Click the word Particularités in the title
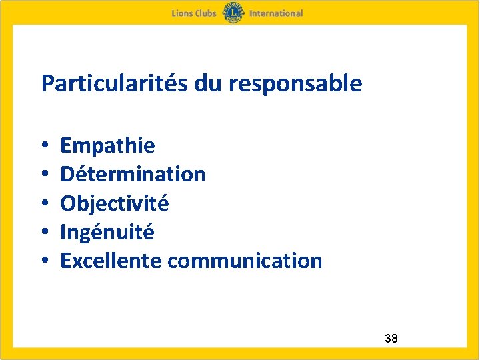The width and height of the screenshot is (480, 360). click(x=115, y=84)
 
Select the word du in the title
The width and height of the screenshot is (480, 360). click(x=207, y=84)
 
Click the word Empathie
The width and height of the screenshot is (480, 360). click(x=107, y=145)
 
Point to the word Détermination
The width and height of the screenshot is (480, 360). click(x=133, y=174)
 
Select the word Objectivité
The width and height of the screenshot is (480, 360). click(x=115, y=203)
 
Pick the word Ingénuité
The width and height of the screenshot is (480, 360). click(x=107, y=232)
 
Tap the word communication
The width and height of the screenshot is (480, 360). click(x=245, y=261)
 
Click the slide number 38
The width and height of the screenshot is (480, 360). click(x=391, y=339)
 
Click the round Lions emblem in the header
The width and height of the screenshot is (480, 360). click(x=233, y=13)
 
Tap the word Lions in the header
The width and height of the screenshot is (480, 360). click(x=182, y=13)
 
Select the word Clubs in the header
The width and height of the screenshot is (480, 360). click(x=206, y=13)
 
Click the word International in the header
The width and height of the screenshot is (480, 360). click(x=276, y=13)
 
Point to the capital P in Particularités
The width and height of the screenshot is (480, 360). click(x=47, y=84)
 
